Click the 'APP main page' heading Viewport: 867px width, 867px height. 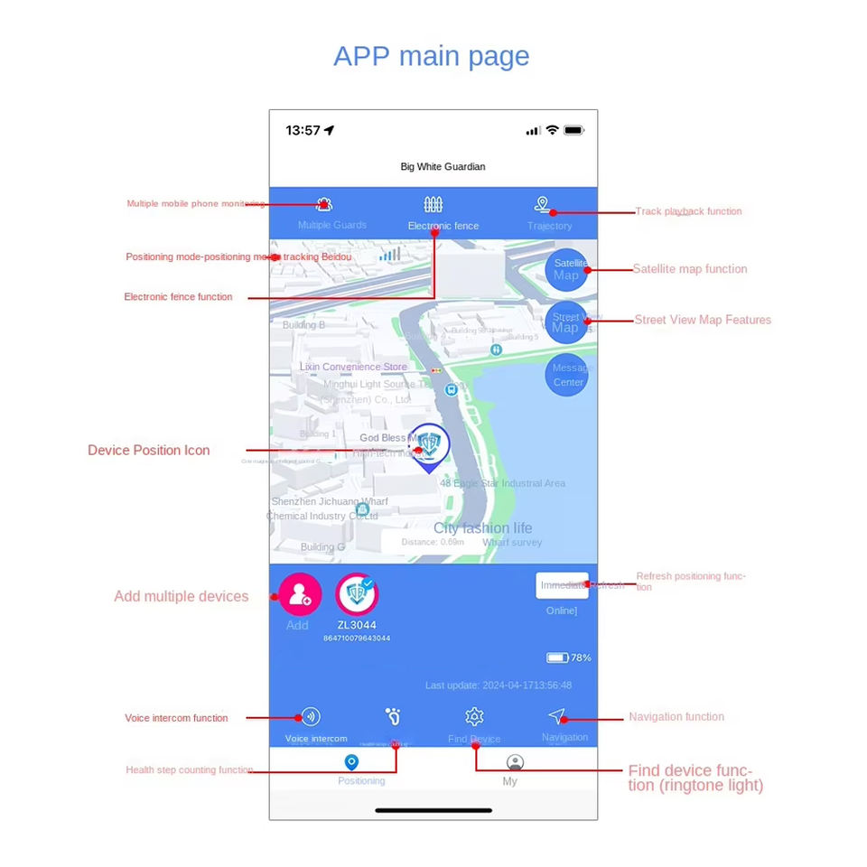[431, 56]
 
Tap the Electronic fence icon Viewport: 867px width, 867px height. [433, 205]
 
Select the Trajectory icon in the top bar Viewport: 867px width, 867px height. [542, 205]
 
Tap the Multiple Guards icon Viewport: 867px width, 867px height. [323, 205]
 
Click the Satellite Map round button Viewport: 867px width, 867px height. [567, 269]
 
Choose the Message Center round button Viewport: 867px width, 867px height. [567, 375]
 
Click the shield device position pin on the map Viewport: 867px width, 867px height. [430, 445]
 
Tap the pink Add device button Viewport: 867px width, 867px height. [299, 594]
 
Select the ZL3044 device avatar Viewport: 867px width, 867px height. [357, 594]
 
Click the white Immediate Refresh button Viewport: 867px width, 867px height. [562, 585]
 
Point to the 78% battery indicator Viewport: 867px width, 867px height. [568, 657]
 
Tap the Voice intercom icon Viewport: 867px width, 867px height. [311, 717]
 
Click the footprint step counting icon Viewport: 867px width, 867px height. [393, 717]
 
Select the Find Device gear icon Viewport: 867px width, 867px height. [474, 717]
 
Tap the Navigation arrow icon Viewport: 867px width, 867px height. [556, 717]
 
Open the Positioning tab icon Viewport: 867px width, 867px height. [352, 763]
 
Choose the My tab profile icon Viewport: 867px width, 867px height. [515, 763]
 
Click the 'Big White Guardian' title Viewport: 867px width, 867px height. [443, 167]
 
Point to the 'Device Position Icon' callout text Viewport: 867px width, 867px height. [148, 450]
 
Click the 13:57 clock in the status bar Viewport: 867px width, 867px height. [303, 130]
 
